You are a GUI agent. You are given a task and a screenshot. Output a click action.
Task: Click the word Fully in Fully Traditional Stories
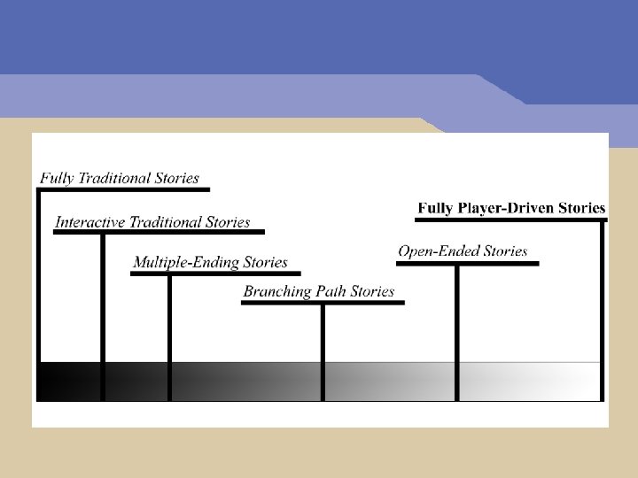pos(56,179)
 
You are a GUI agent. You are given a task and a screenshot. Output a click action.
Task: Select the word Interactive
pos(90,222)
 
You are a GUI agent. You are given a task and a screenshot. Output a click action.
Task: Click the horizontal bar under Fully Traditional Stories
pos(124,189)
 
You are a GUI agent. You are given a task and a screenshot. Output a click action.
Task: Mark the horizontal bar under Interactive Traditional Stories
pos(159,232)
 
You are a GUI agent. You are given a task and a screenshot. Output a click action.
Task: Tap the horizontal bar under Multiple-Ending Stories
pos(215,274)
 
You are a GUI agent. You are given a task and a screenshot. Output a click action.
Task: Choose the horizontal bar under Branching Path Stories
pos(323,303)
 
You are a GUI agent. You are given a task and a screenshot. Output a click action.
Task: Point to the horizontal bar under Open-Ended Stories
pos(468,263)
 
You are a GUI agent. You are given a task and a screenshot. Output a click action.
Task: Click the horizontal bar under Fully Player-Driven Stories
pos(511,219)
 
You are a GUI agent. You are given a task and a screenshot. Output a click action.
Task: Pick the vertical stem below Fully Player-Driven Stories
pos(603,310)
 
